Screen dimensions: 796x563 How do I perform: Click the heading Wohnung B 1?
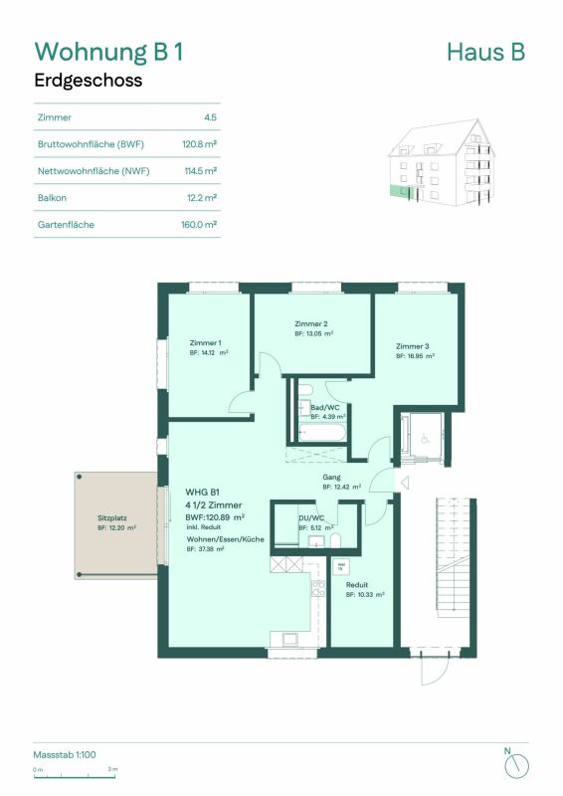[109, 52]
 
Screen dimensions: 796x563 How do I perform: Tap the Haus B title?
[486, 52]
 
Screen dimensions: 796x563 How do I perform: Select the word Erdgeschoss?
[89, 82]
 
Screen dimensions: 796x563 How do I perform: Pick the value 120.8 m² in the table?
[199, 143]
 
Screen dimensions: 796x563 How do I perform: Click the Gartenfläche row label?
[65, 225]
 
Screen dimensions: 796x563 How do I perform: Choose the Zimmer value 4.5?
[209, 116]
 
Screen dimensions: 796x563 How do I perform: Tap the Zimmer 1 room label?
[206, 342]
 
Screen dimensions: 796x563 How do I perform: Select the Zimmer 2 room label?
[311, 324]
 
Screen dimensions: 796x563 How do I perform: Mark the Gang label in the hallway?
[332, 477]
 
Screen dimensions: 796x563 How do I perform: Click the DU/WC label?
[311, 518]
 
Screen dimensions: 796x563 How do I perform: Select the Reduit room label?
[358, 585]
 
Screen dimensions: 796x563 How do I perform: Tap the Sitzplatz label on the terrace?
[112, 518]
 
